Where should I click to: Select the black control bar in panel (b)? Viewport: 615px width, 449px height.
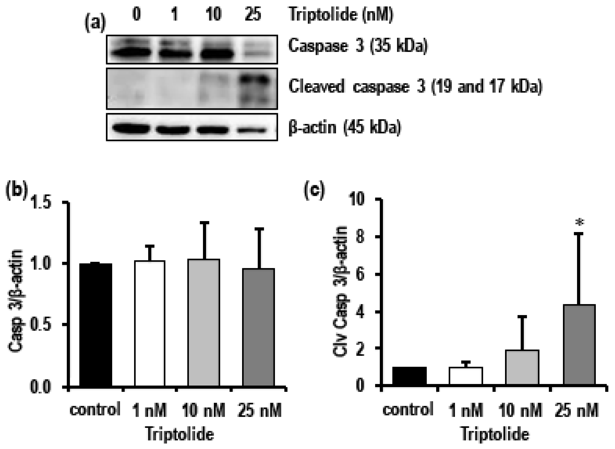coord(95,325)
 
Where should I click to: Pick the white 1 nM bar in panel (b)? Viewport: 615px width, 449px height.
coord(150,323)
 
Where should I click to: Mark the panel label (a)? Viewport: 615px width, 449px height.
coord(95,24)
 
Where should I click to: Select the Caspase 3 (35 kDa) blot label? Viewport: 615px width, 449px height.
coord(358,45)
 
